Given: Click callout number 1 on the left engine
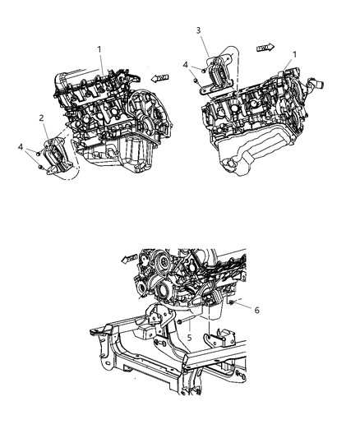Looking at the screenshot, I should point(101,50).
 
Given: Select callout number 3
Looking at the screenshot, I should point(197,30).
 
